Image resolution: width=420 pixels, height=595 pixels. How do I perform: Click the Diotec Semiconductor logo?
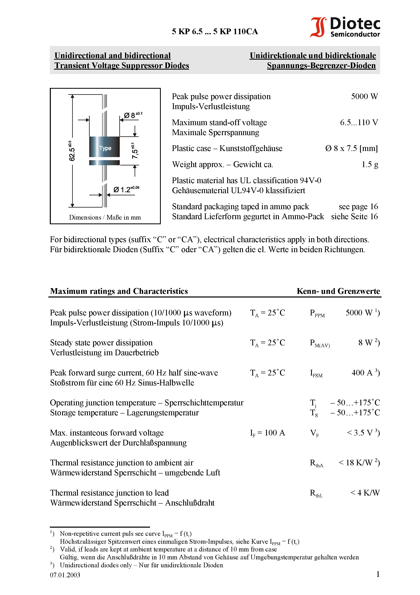pyautogui.click(x=345, y=27)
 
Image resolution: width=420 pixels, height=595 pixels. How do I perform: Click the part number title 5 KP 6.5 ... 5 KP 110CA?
pyautogui.click(x=215, y=32)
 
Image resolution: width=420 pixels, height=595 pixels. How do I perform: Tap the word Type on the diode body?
pyautogui.click(x=105, y=148)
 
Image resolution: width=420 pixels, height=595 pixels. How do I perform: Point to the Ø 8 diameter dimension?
pyautogui.click(x=132, y=115)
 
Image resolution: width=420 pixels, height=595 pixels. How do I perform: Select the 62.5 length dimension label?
pyautogui.click(x=72, y=152)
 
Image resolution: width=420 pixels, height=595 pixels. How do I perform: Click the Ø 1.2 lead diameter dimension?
pyautogui.click(x=126, y=189)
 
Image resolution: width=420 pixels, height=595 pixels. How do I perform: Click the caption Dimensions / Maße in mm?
pyautogui.click(x=105, y=217)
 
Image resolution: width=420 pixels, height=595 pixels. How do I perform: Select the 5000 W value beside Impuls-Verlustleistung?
pyautogui.click(x=364, y=96)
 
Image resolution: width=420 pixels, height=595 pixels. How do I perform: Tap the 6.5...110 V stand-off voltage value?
pyautogui.click(x=359, y=122)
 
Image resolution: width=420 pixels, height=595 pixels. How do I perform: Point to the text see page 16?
pyautogui.click(x=358, y=207)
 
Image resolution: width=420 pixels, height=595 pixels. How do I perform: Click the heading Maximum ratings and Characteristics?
pyautogui.click(x=119, y=291)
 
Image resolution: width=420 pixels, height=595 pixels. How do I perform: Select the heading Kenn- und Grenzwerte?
pyautogui.click(x=338, y=291)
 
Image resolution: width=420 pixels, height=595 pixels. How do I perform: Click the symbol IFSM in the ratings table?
pyautogui.click(x=316, y=373)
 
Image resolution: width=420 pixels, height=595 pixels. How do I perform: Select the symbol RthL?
pyautogui.click(x=316, y=493)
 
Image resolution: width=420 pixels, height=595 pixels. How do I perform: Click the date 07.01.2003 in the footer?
pyautogui.click(x=65, y=575)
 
